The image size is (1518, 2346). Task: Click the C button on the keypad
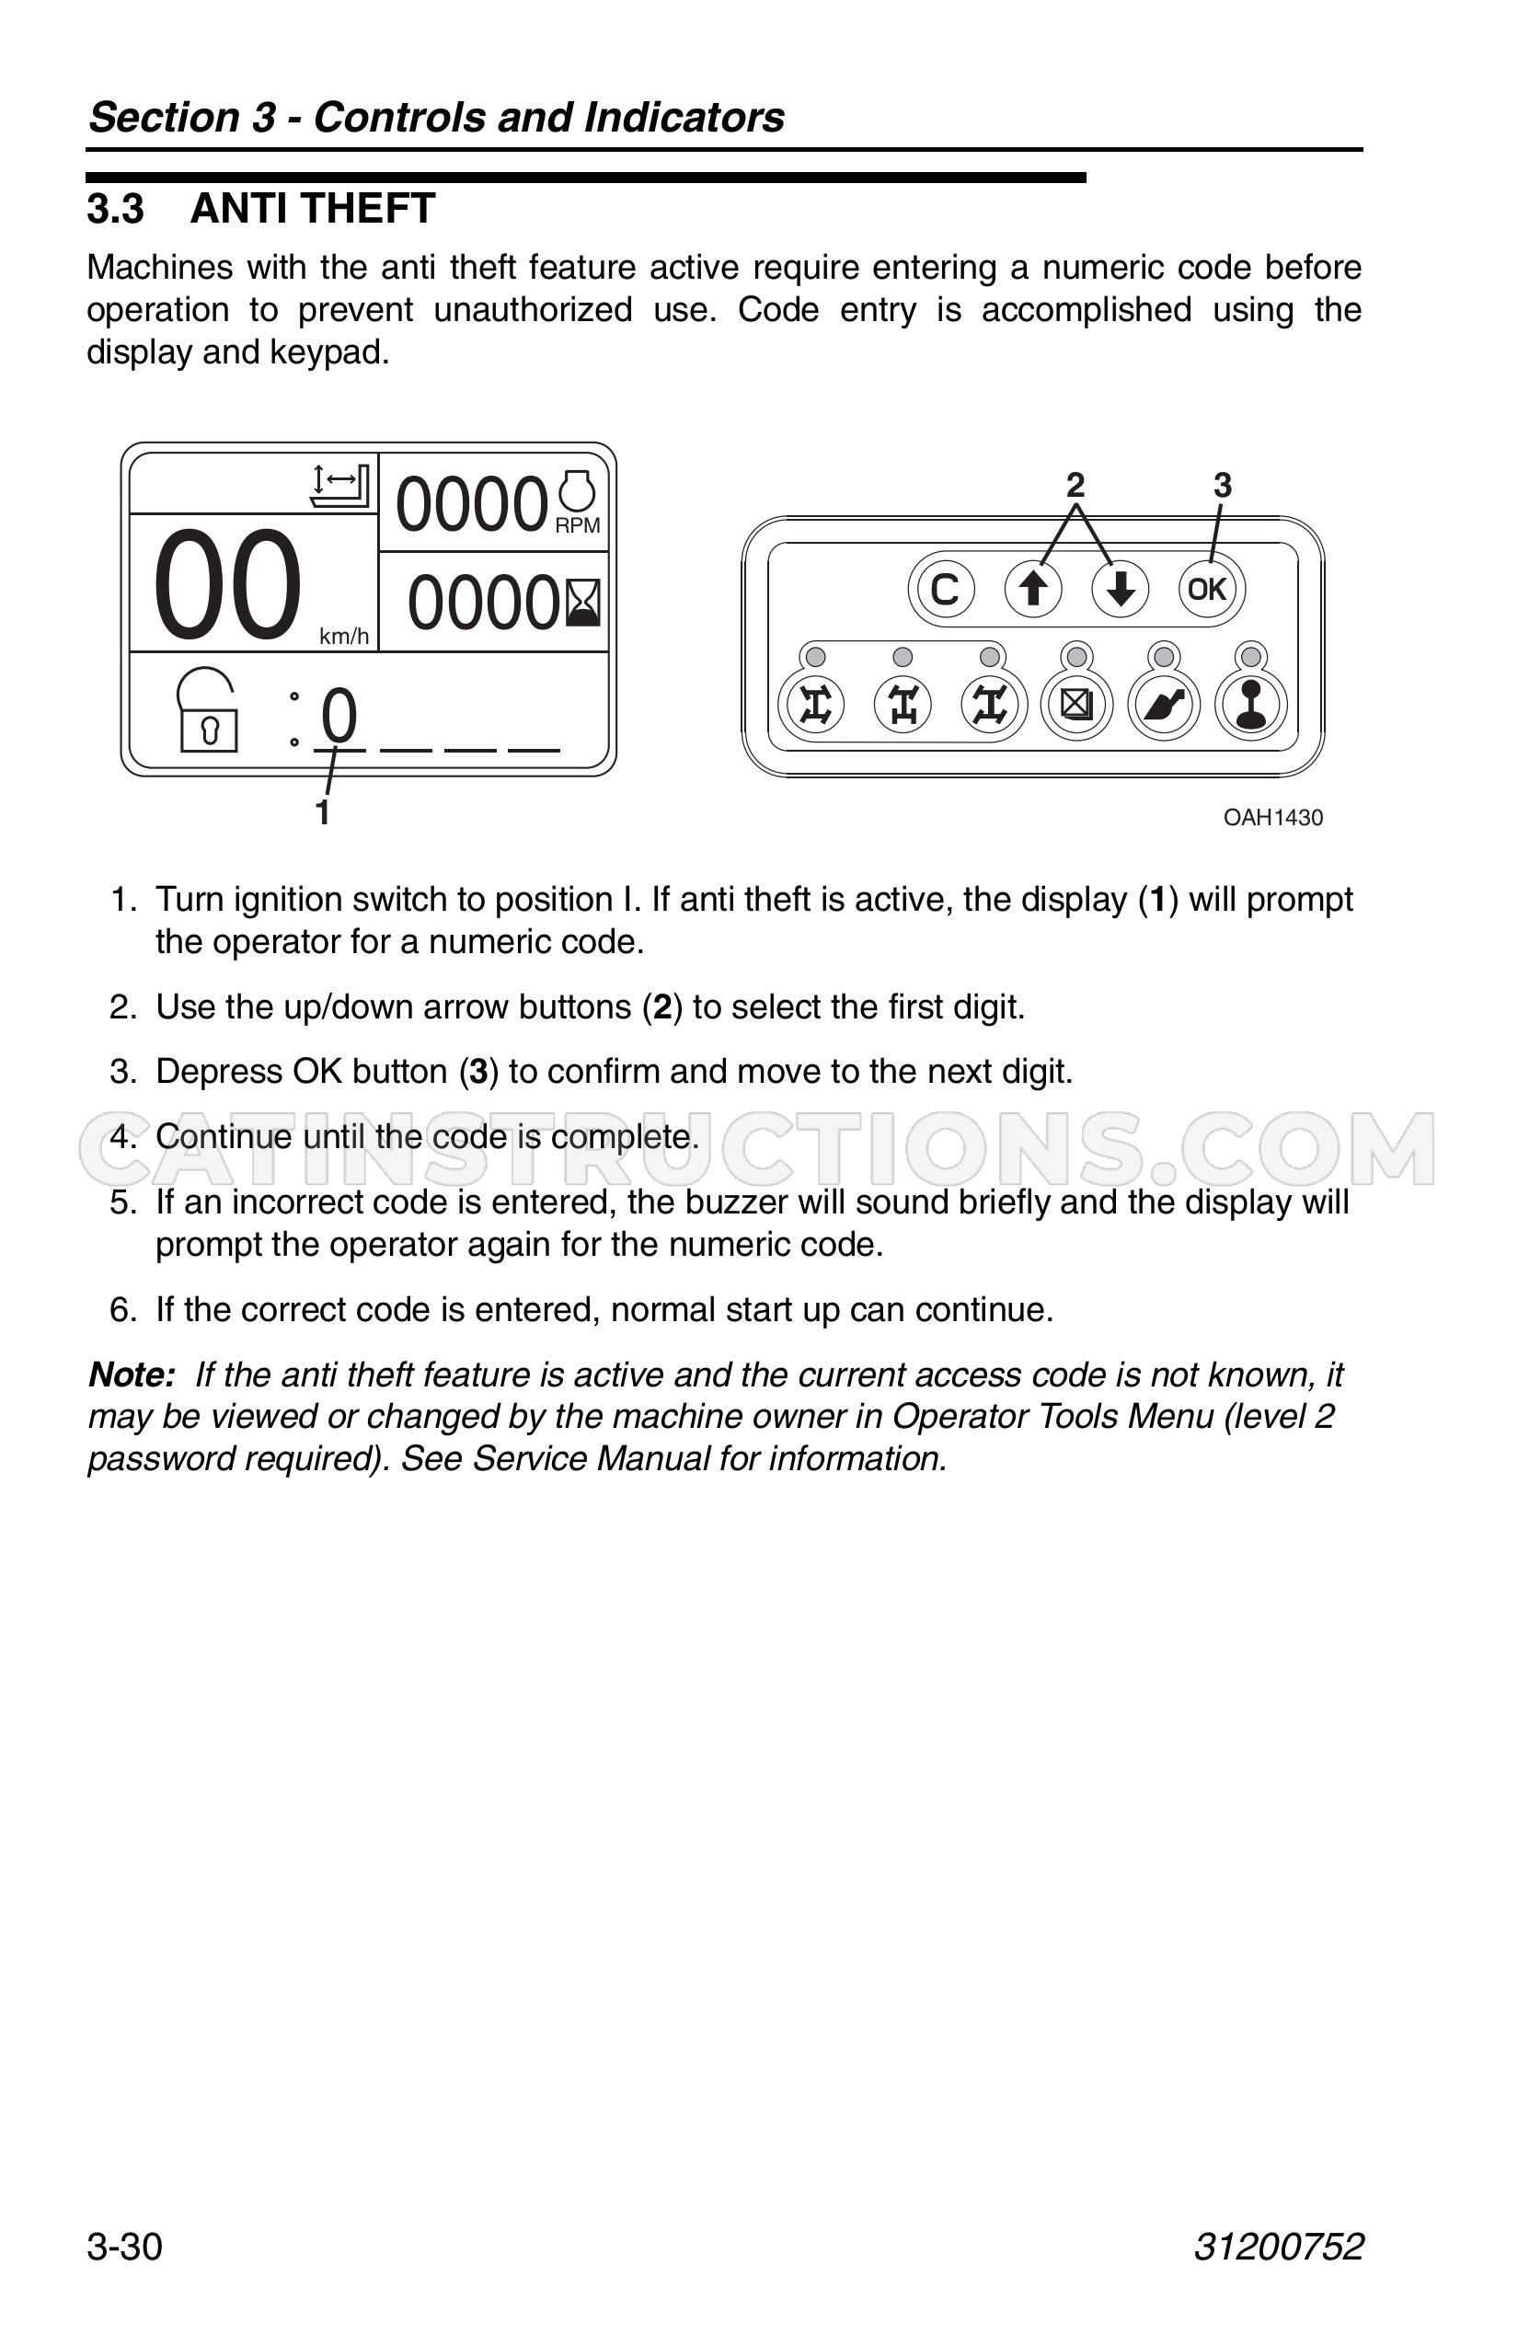pos(944,590)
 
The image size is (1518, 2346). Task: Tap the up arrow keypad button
pos(1032,590)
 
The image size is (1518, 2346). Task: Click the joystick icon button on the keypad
pos(1251,704)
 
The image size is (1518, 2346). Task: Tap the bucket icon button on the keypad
pos(1164,704)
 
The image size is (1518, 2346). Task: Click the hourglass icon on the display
pos(582,603)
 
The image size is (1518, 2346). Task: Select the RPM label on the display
pos(578,525)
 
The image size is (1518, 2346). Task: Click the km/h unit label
pos(344,637)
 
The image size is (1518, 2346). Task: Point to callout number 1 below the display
pos(321,812)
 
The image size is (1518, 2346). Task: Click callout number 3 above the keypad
pos(1223,485)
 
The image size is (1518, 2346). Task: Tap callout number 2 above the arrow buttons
pos(1075,485)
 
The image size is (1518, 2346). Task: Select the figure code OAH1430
pos(1272,817)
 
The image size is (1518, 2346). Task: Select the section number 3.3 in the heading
pos(115,209)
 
